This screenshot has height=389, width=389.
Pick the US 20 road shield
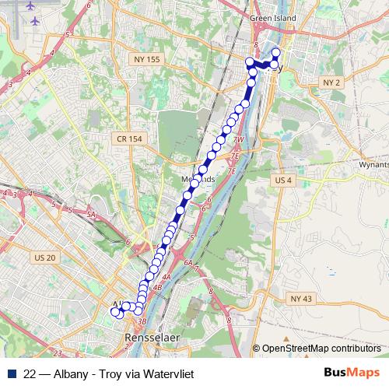pyautogui.click(x=47, y=258)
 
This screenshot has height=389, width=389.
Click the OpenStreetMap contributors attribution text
pyautogui.click(x=321, y=348)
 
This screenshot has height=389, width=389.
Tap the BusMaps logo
pyautogui.click(x=352, y=373)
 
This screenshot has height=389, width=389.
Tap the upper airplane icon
pyautogui.click(x=31, y=5)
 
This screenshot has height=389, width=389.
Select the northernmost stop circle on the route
pyautogui.click(x=275, y=52)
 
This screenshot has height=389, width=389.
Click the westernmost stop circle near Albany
pyautogui.click(x=115, y=312)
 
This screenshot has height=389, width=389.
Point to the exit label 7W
pyautogui.click(x=239, y=140)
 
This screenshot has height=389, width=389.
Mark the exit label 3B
pyautogui.click(x=141, y=320)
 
